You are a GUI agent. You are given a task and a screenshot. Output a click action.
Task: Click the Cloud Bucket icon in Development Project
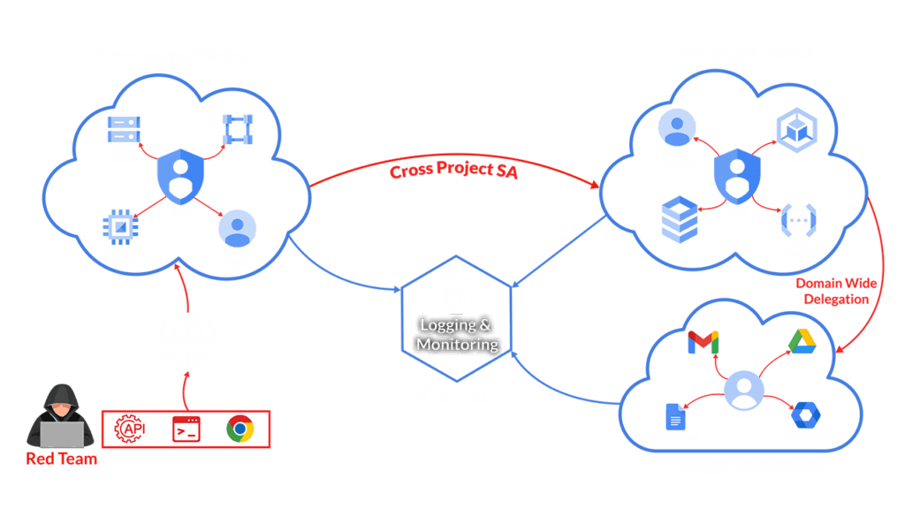click(x=124, y=129)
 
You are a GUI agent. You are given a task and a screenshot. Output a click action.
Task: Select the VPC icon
click(x=237, y=130)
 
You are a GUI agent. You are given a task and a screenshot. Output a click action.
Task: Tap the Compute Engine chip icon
click(x=122, y=226)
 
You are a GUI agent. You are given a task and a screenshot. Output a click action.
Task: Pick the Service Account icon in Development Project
click(x=237, y=227)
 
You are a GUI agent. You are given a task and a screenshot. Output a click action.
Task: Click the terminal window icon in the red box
click(x=186, y=429)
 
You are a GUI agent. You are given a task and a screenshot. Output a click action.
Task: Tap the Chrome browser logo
click(x=240, y=429)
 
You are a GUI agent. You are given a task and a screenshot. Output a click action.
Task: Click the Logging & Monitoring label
click(x=458, y=335)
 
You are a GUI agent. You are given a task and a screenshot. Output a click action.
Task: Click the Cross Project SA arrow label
click(x=453, y=171)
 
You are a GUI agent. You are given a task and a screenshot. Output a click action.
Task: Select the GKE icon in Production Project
click(x=792, y=129)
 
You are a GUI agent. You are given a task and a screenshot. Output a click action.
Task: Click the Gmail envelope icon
click(x=703, y=340)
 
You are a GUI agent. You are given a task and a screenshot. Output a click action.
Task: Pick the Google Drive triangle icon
click(x=801, y=340)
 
